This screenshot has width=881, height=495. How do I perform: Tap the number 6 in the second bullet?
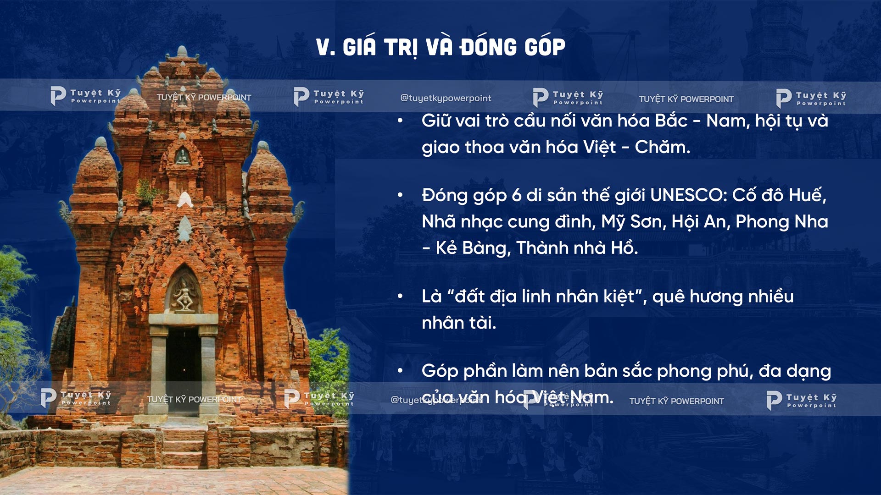point(516,196)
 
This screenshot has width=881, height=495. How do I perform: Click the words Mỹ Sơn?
point(633,222)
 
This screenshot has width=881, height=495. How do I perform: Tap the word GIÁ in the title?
point(359,47)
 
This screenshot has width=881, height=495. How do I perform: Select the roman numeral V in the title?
point(324,47)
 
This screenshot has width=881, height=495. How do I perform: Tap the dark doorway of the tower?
point(183,367)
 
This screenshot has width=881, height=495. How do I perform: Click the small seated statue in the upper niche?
point(182,157)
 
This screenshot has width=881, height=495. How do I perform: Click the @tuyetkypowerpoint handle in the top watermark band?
point(446,98)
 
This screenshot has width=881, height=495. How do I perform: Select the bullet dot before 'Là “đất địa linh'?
point(400,297)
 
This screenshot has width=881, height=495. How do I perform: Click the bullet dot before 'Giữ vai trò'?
point(400,121)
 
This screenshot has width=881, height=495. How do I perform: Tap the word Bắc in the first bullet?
point(671,121)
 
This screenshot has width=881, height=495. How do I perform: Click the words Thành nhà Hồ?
point(577,248)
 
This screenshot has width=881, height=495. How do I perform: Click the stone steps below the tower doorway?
point(183,442)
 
